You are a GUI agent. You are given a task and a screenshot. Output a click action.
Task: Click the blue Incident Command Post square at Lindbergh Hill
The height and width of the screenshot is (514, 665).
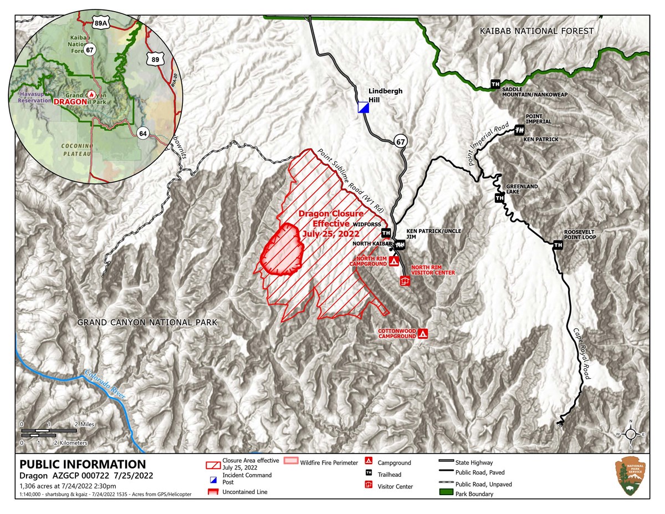point(363,108)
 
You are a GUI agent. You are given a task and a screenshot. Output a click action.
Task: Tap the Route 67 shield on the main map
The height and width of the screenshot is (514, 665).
point(401,142)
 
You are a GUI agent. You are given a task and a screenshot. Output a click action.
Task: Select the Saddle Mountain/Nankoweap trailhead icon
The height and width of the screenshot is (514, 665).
point(495,84)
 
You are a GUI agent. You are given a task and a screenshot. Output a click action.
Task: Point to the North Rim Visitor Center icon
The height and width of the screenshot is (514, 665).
point(405,281)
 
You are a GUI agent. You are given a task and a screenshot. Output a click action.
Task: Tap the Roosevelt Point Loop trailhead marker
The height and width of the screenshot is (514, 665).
point(558,244)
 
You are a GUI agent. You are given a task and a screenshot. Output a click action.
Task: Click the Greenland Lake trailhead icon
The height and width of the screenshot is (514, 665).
point(499,198)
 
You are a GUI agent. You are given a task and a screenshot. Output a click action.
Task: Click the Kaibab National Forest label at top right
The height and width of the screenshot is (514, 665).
point(537,32)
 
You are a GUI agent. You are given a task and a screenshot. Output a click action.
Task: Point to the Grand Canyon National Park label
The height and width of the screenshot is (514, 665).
point(147,322)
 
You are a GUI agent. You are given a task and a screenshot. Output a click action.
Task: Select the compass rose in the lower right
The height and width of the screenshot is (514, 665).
point(630,434)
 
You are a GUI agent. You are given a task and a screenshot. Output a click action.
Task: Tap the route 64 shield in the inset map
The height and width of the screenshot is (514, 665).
point(143,133)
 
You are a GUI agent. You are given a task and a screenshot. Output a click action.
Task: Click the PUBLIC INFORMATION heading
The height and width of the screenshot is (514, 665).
point(83,465)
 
